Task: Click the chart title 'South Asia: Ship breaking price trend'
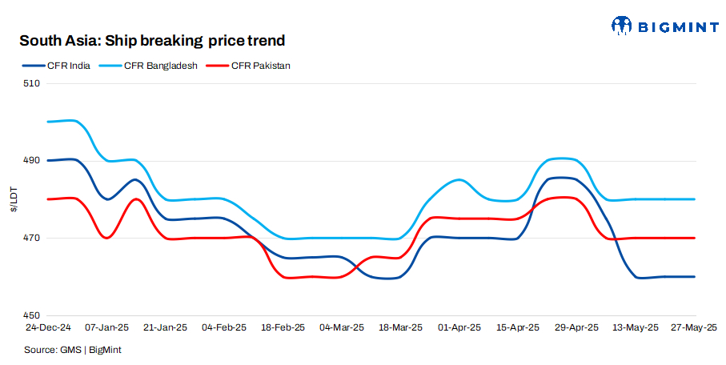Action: pos(152,40)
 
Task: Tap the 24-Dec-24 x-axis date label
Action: pos(48,328)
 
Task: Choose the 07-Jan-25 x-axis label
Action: pos(106,328)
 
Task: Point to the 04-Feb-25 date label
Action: pos(223,328)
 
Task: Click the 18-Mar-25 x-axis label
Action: pos(400,328)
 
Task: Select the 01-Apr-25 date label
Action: pos(459,328)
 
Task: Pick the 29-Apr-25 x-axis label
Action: pos(576,328)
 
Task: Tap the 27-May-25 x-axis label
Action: pos(693,328)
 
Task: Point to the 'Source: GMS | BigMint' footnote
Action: pos(73,350)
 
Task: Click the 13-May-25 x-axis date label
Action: pos(636,328)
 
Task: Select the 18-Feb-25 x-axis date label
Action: pos(283,328)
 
